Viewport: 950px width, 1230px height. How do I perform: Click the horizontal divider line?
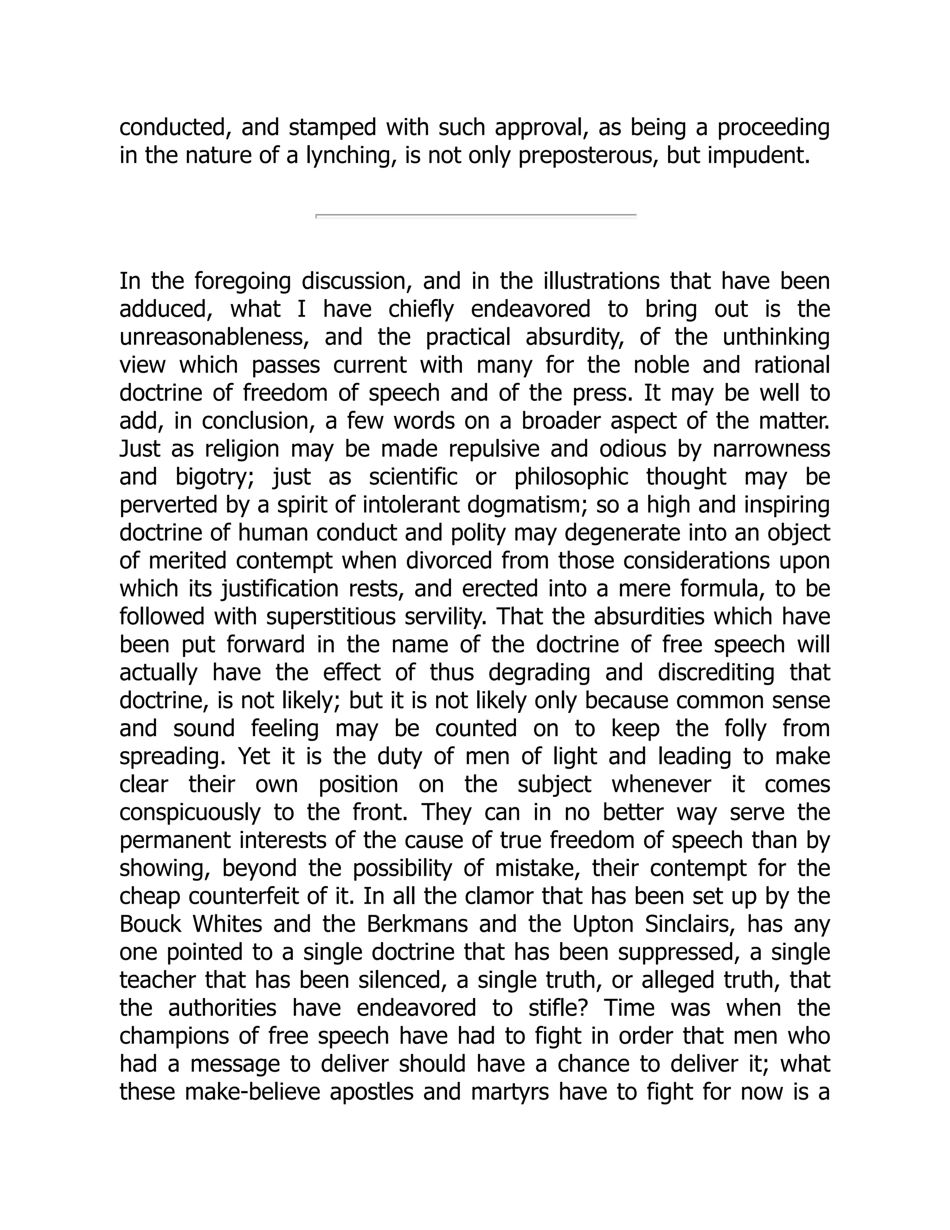point(475,216)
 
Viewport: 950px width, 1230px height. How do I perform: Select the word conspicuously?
point(190,813)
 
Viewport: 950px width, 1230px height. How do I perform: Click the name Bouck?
point(150,925)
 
